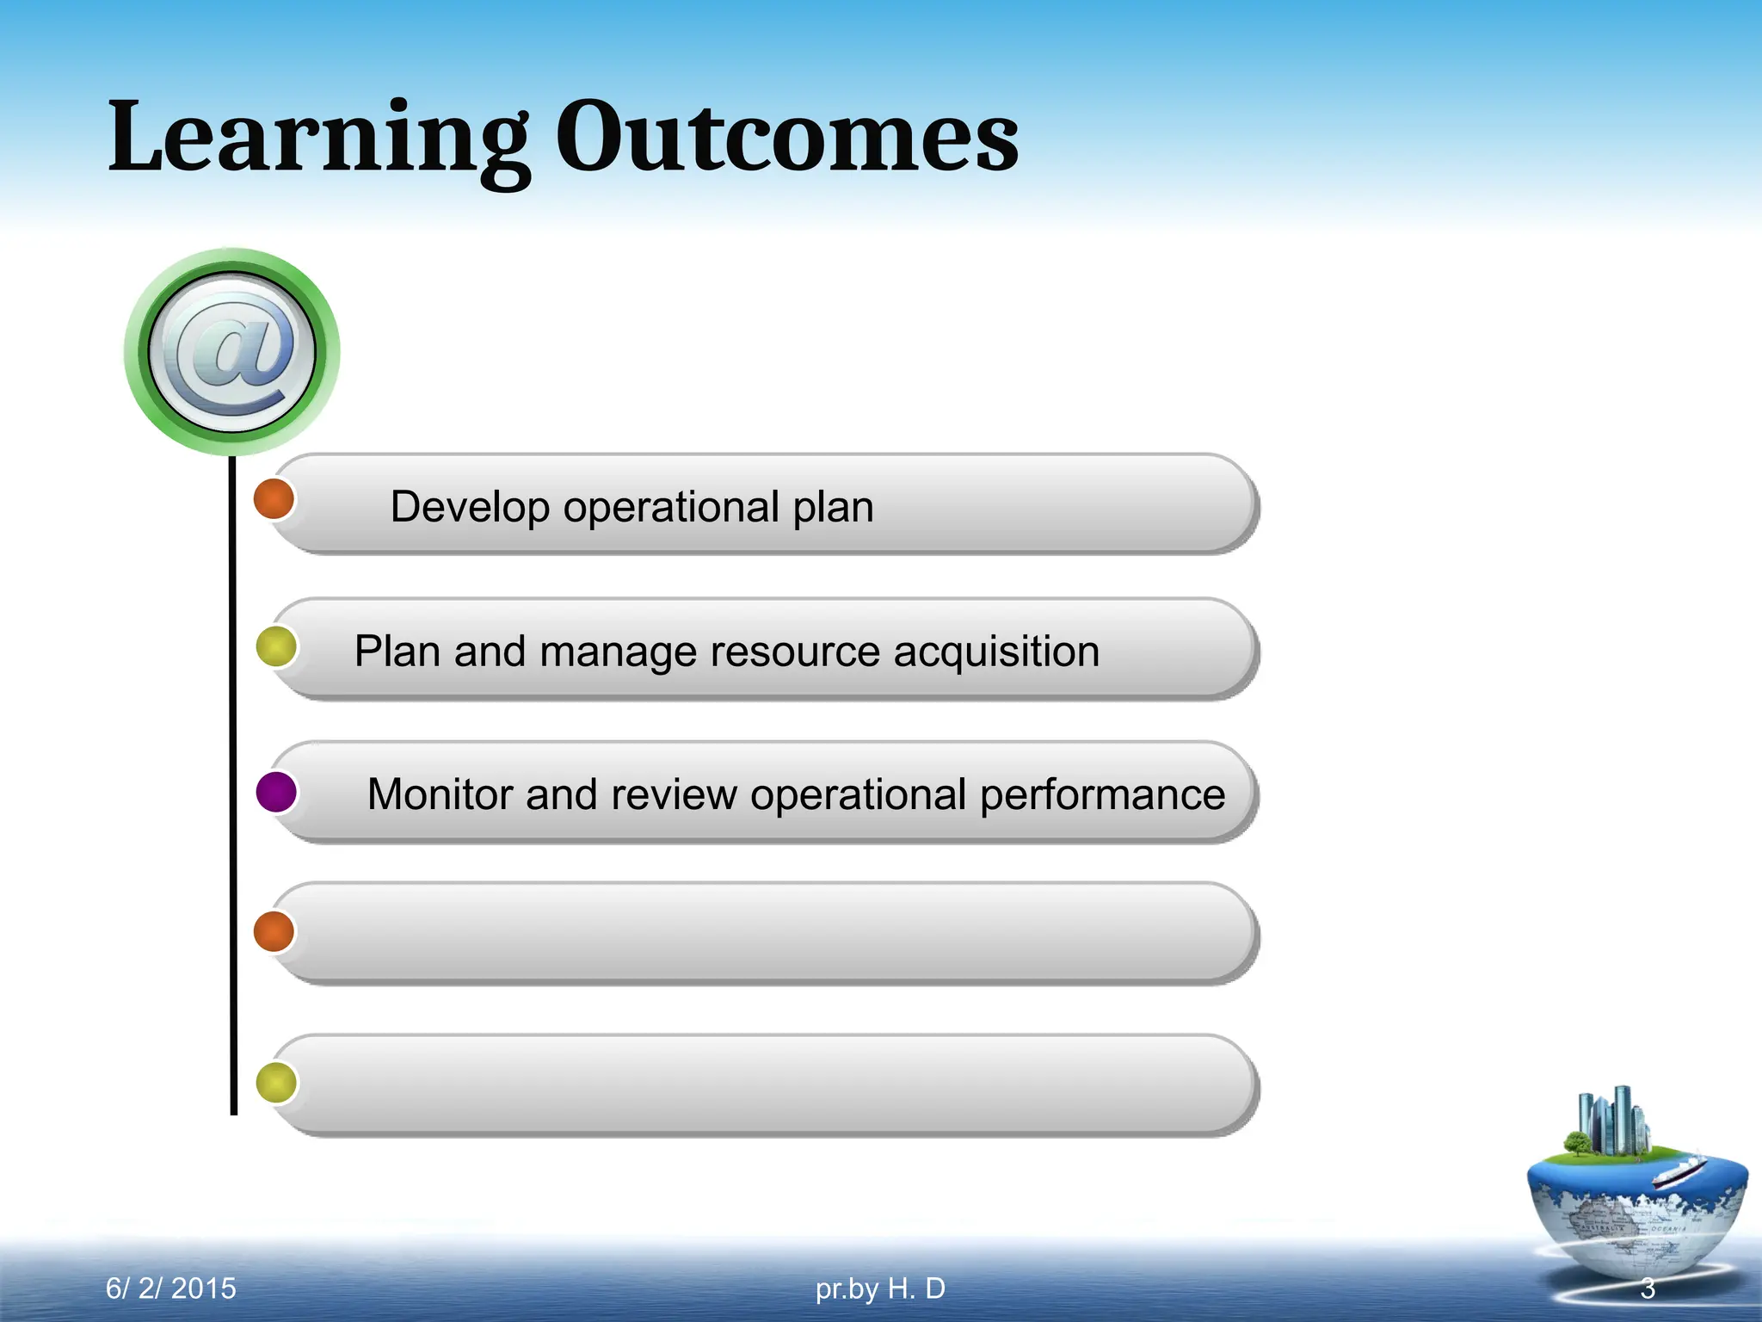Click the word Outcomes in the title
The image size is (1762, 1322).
pos(786,138)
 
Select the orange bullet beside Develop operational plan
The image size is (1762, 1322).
pos(274,499)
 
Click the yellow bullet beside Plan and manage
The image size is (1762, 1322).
pos(276,647)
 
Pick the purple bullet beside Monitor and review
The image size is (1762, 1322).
pos(276,792)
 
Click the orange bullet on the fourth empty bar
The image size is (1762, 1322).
pos(274,931)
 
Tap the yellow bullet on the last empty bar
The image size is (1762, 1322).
pos(276,1083)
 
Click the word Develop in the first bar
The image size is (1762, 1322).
pos(469,506)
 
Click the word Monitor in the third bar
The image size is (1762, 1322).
pos(440,794)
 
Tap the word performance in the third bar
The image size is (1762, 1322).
pos(1102,795)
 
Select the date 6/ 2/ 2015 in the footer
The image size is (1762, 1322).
pos(170,1288)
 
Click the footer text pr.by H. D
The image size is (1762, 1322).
pos(880,1288)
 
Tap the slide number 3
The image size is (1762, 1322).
pos(1647,1288)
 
